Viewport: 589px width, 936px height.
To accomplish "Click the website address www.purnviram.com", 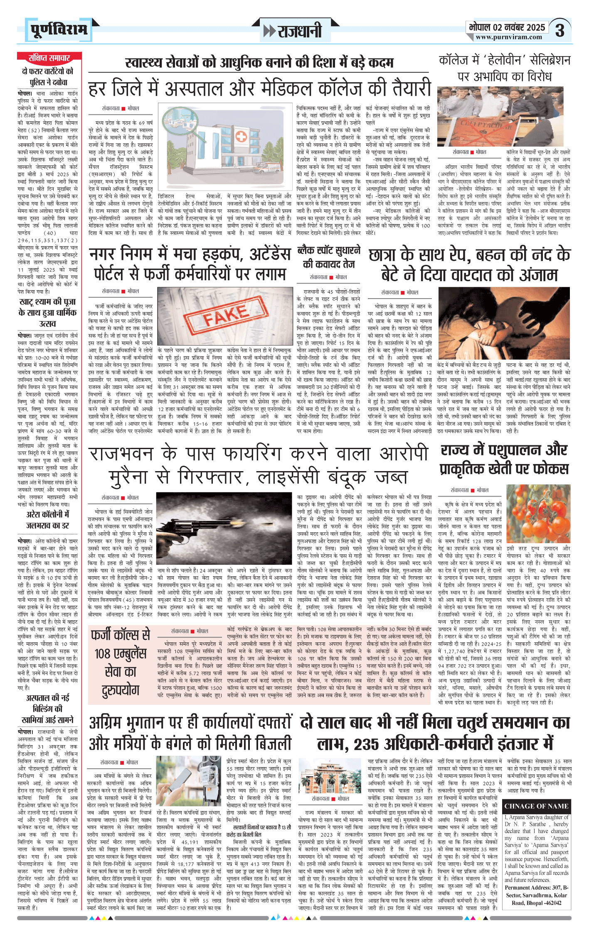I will tap(509, 37).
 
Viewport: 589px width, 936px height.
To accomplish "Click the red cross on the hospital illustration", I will tap(241, 136).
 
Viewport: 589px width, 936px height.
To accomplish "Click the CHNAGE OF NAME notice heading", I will tap(536, 806).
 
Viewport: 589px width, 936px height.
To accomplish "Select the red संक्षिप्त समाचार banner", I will tap(49, 58).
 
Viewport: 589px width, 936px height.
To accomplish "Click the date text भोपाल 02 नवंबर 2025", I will tap(507, 27).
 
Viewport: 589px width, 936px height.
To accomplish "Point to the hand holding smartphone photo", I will tap(189, 780).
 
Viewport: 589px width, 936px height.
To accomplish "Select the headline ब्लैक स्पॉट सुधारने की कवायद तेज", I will tap(328, 257).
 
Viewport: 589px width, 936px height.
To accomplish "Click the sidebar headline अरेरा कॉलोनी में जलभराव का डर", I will tap(48, 520).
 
